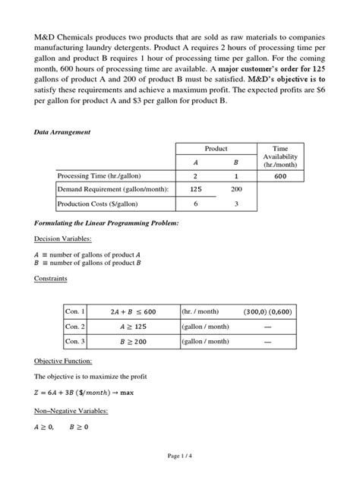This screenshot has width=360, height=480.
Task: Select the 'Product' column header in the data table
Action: tap(216, 150)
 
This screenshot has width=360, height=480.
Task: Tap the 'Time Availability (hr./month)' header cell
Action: tap(280, 156)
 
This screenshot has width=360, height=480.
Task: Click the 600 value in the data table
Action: tap(280, 175)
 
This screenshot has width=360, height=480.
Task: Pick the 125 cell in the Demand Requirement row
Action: tap(195, 189)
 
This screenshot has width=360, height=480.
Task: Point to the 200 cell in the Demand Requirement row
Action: tap(236, 189)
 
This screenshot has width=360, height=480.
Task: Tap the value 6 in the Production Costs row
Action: tap(195, 204)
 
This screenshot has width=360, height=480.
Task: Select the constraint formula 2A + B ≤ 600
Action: tap(132, 311)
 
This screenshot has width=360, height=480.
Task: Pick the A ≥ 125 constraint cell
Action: tap(132, 327)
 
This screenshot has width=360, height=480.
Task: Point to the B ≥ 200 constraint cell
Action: tap(132, 342)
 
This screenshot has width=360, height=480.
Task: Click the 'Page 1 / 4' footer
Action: tap(180, 456)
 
